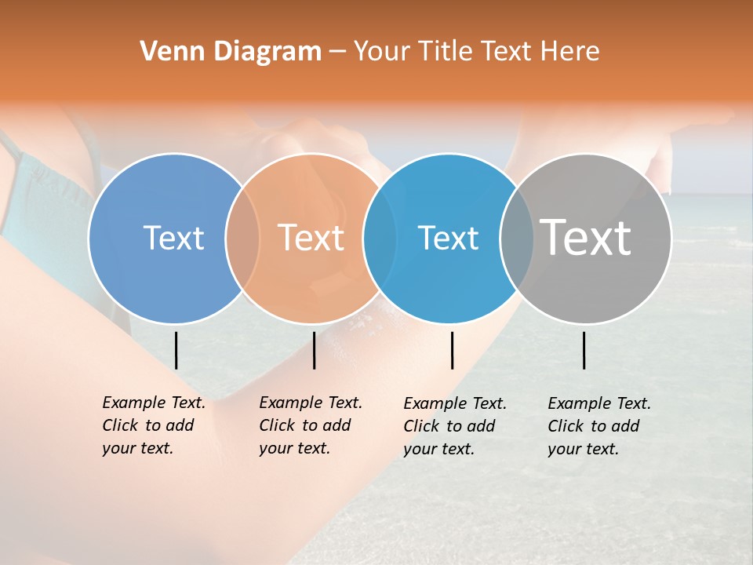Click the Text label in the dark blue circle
coord(173,238)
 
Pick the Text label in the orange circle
coord(311,238)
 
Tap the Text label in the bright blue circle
coord(448,238)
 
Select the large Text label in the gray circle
coord(586,237)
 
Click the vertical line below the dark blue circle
coord(176,350)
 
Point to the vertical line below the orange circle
coord(314,350)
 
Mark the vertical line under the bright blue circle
coord(452,350)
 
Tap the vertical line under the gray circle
coord(584,350)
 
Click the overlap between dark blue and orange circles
coord(242,238)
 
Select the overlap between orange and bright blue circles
coord(380,238)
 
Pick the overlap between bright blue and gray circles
coord(517,238)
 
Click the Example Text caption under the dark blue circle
coord(153,425)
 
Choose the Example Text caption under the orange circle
coord(310,425)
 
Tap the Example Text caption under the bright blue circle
coord(454,426)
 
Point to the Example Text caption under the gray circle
coord(598,426)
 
